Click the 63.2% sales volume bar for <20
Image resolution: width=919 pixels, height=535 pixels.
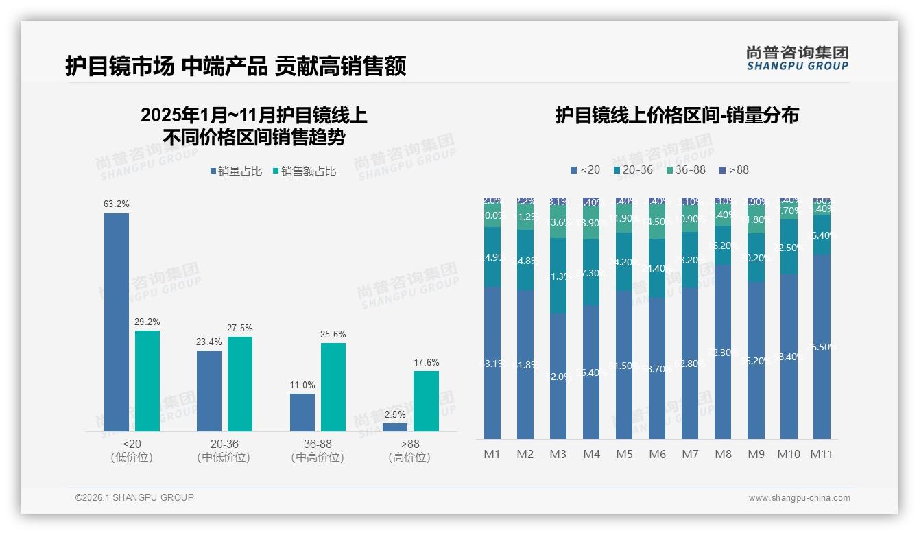point(117,322)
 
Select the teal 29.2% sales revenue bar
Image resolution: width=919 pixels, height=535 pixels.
point(147,381)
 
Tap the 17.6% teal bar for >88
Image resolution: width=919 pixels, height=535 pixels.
point(426,401)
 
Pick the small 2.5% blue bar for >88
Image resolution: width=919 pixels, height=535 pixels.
point(395,427)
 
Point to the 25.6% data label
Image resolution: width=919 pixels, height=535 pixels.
point(333,335)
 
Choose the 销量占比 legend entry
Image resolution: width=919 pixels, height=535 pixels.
point(235,171)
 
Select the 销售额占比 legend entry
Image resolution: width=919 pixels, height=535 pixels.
point(304,171)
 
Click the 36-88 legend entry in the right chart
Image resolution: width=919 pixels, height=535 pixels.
point(686,169)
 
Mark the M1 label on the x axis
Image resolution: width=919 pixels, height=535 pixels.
point(492,454)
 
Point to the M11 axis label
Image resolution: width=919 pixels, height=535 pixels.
point(821,454)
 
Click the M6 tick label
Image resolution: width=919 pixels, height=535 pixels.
point(657,454)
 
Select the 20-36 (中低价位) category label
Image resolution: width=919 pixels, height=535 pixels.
point(224,451)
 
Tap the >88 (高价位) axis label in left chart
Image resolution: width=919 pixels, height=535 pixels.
point(410,451)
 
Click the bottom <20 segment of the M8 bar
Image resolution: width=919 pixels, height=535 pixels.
point(723,351)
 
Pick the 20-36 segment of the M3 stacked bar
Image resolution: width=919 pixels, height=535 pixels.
point(558,276)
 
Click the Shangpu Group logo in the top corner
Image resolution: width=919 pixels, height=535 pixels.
point(797,58)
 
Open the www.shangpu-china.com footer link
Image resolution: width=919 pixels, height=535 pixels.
point(799,498)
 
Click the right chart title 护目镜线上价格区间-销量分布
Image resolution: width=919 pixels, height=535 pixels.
point(677,115)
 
